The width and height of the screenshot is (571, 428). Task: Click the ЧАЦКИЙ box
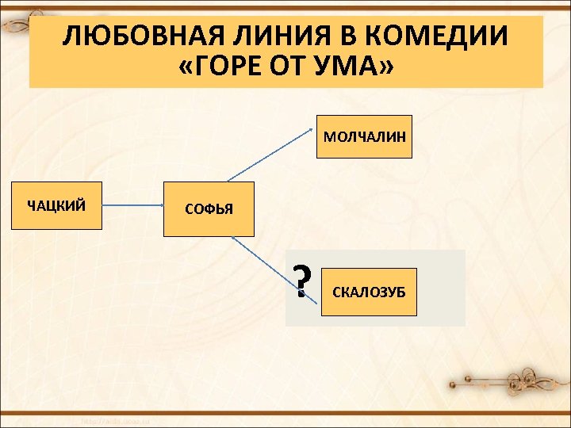pyautogui.click(x=56, y=206)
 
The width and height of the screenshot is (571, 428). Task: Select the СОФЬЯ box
pyautogui.click(x=209, y=209)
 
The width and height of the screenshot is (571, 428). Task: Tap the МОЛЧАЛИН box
pyautogui.click(x=364, y=136)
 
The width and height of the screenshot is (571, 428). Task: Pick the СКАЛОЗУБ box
pyautogui.click(x=369, y=292)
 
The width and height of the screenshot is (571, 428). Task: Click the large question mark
pyautogui.click(x=301, y=281)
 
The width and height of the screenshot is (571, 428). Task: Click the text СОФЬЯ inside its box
pyautogui.click(x=209, y=210)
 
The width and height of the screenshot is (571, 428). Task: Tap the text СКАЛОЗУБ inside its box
pyautogui.click(x=369, y=292)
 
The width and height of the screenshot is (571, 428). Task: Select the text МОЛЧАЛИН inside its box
pyautogui.click(x=364, y=137)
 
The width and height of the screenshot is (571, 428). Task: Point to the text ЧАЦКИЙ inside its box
pyautogui.click(x=56, y=207)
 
